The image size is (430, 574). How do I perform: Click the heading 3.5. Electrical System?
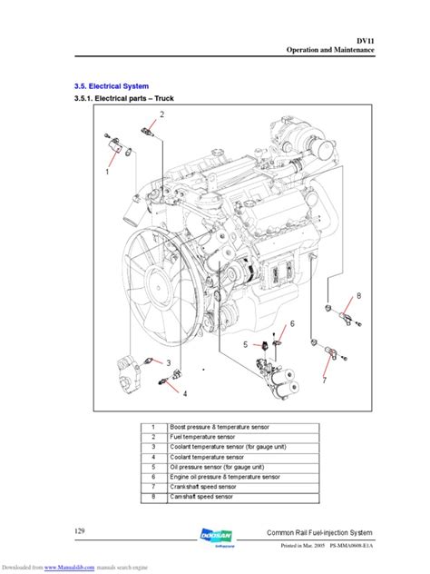109,85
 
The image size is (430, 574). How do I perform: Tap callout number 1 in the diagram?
108,170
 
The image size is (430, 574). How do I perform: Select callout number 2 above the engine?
161,114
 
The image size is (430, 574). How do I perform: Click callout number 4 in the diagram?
185,393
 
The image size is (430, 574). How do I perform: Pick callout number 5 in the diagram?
245,345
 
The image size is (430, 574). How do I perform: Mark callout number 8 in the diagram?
357,297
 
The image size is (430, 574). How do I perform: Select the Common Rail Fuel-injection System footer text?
332,532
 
